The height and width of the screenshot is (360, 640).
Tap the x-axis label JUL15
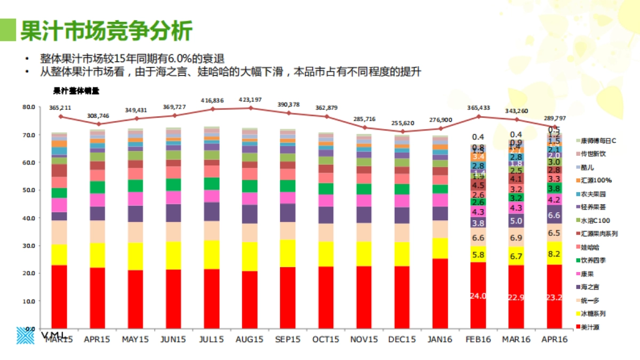pyautogui.click(x=211, y=339)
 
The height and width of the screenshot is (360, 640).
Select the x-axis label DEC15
pyautogui.click(x=402, y=339)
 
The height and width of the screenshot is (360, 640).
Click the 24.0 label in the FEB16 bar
pyautogui.click(x=478, y=296)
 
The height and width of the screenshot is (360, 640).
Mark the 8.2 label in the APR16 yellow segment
pyautogui.click(x=554, y=254)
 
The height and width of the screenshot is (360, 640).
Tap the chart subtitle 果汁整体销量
pyautogui.click(x=76, y=91)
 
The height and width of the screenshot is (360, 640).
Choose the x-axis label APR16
pyautogui.click(x=554, y=339)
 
